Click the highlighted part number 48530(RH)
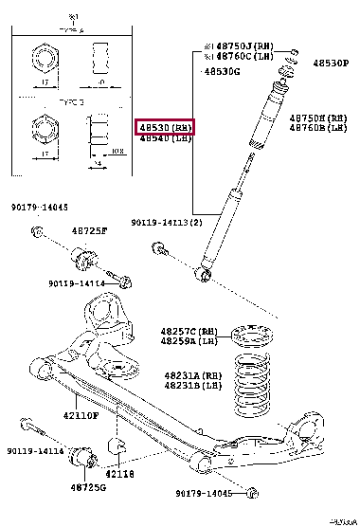coord(167,127)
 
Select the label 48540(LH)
coord(166,139)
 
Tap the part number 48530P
coord(330,62)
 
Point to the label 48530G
coord(223,71)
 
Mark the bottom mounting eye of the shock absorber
coord(203,275)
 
